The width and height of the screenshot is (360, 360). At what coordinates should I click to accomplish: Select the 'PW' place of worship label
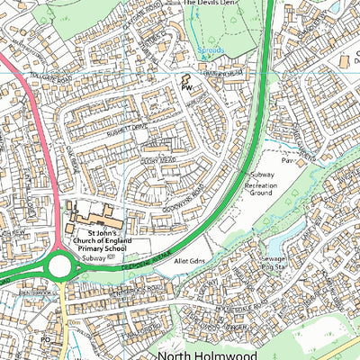point(187,89)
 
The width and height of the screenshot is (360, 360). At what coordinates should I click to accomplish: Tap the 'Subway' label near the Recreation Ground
point(261,173)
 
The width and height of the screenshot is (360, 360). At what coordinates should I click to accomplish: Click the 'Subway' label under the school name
point(94,256)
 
